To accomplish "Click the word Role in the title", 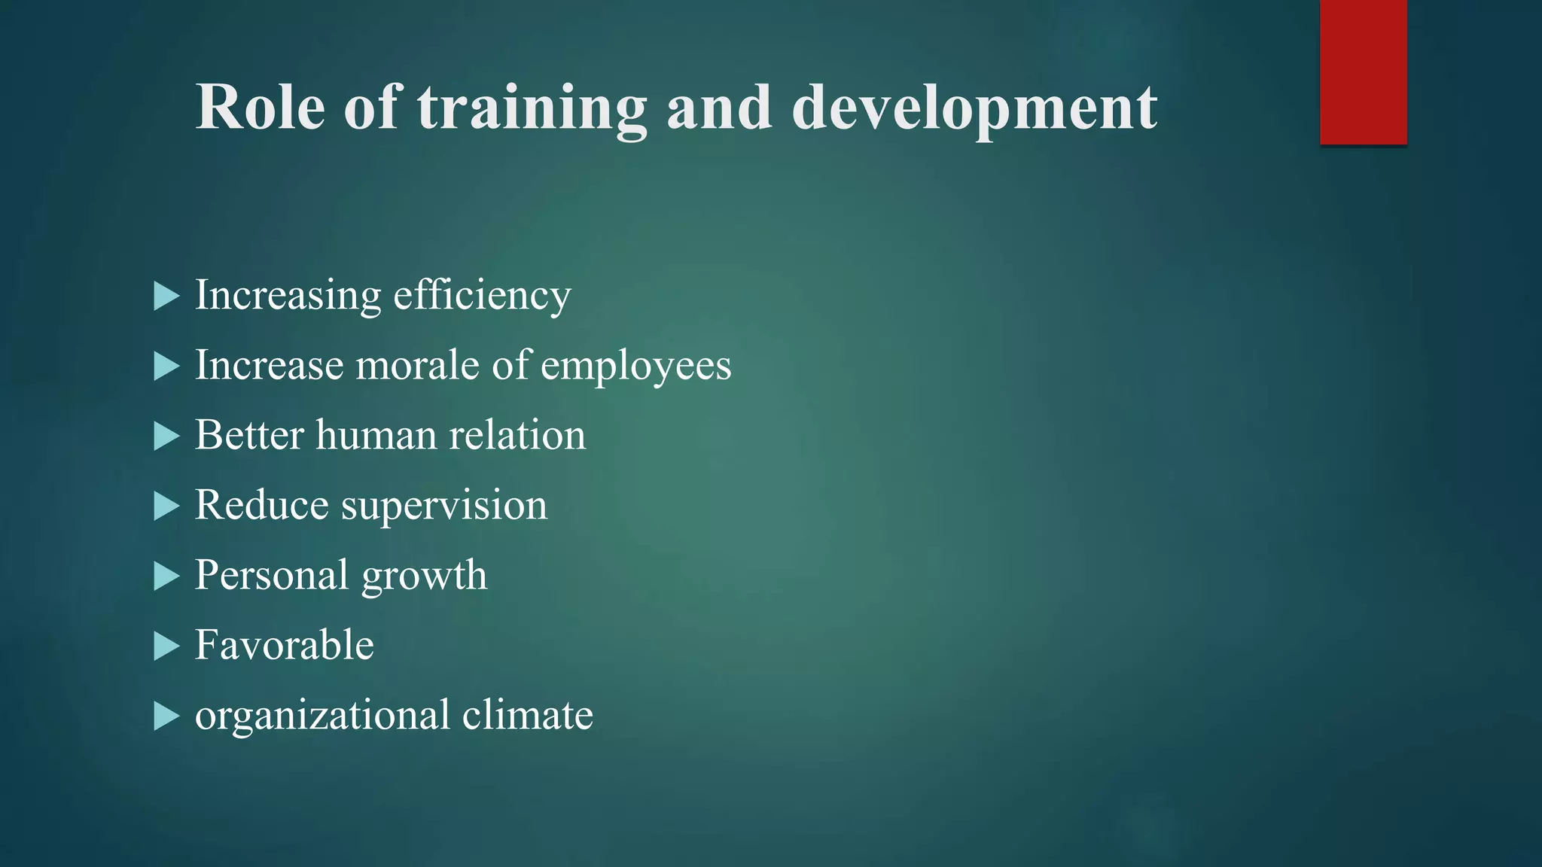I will click(261, 108).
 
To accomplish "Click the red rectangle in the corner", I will click(1363, 72).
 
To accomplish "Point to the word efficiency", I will click(482, 296).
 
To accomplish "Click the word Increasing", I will click(288, 296).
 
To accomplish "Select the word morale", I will click(417, 366).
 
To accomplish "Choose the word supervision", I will click(444, 506).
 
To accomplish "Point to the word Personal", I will click(271, 576).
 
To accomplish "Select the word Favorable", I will click(284, 645).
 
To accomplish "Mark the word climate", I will click(527, 715).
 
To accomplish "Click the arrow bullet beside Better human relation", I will click(166, 437).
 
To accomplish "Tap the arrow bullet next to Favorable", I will click(166, 646).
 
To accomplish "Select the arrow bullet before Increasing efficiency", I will click(166, 297).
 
